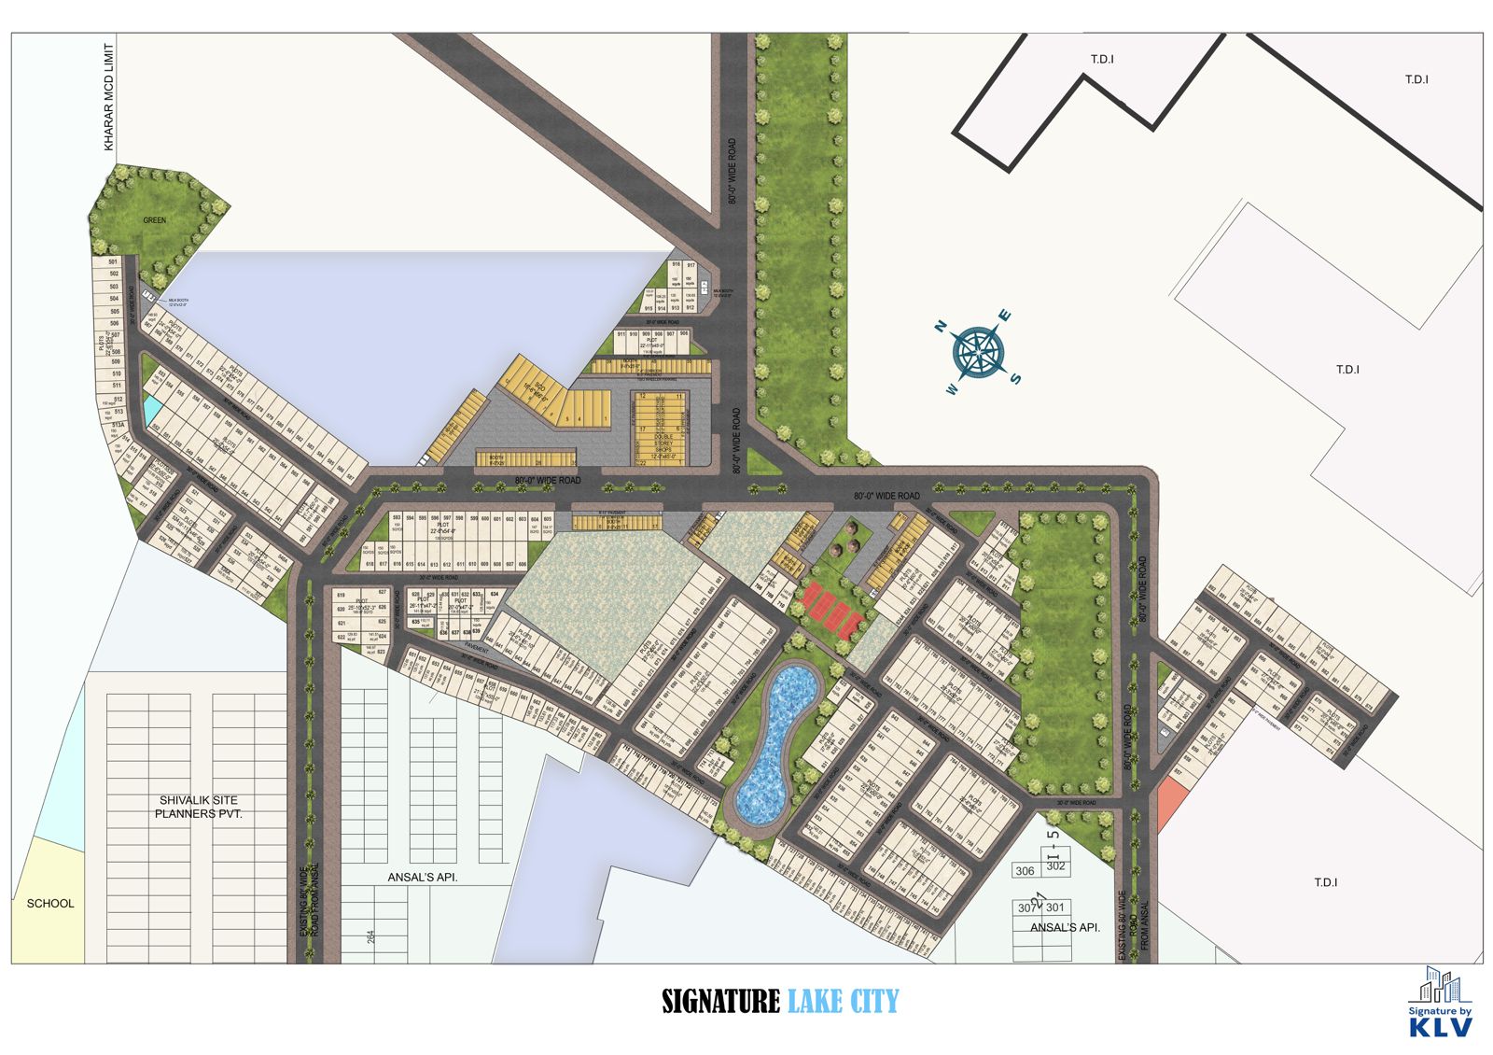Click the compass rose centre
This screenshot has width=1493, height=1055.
(978, 353)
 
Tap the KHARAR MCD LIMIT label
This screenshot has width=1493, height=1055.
(109, 97)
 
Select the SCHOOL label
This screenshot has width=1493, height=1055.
(50, 903)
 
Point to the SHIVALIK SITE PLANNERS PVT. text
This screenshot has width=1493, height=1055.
(198, 807)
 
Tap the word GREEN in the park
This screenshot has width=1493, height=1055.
(155, 220)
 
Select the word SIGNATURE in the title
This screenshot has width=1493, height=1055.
(720, 1002)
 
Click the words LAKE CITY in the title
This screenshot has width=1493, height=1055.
(844, 1002)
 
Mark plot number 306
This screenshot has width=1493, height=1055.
(1025, 871)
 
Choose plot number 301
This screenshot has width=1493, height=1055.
(1055, 907)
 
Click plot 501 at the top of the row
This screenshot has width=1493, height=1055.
(114, 262)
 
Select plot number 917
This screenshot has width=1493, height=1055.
(691, 265)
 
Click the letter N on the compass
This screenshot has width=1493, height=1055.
(942, 326)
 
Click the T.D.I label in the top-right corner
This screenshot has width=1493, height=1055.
(1416, 79)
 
